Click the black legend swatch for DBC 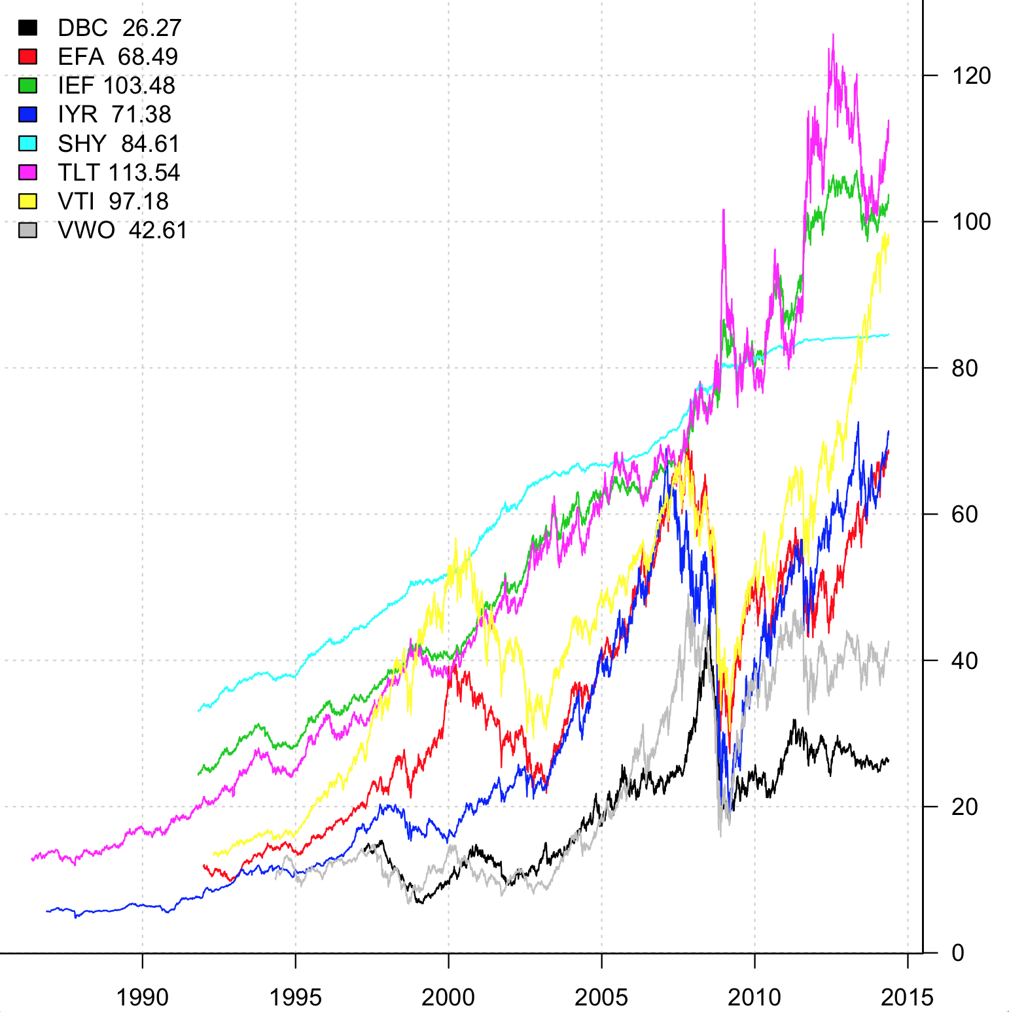click(x=27, y=27)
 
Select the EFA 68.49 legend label click(x=117, y=57)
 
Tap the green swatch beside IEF click(x=27, y=86)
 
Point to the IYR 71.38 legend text click(x=114, y=115)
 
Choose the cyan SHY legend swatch click(x=27, y=143)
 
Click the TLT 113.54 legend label click(x=118, y=173)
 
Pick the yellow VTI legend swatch click(x=27, y=201)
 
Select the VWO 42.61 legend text click(x=122, y=230)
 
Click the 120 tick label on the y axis click(x=971, y=76)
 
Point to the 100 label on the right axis click(x=971, y=222)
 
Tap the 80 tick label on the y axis click(x=965, y=369)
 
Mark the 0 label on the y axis click(x=958, y=953)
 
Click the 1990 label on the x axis click(x=142, y=997)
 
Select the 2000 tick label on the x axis click(x=448, y=997)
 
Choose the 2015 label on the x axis click(x=907, y=997)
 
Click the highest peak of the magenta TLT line click(x=833, y=35)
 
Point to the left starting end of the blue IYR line click(x=46, y=911)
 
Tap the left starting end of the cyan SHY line click(x=198, y=711)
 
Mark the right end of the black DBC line click(x=889, y=761)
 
